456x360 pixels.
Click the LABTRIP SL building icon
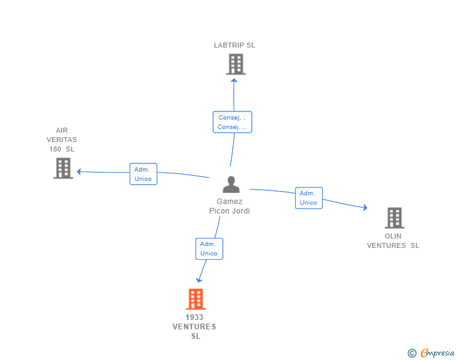(236, 64)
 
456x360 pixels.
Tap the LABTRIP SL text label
(234, 45)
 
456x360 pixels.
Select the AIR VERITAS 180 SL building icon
(63, 168)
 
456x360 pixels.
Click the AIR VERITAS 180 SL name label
(61, 140)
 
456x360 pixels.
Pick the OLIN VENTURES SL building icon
(395, 218)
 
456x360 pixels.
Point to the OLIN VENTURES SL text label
(393, 241)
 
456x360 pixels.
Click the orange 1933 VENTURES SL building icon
(195, 299)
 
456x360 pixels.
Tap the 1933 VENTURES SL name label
(194, 327)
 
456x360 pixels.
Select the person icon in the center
(231, 184)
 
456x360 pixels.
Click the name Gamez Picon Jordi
(229, 206)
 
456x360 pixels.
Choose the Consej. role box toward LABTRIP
(232, 122)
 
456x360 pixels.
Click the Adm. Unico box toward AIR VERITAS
(143, 174)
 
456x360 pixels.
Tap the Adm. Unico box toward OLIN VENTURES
(309, 198)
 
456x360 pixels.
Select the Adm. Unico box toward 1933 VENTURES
(209, 249)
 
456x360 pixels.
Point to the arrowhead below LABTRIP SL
(234, 81)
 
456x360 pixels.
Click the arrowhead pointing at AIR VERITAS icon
(79, 172)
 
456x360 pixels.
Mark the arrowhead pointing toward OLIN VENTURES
(365, 207)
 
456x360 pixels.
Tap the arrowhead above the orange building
(199, 280)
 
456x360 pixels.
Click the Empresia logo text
(437, 353)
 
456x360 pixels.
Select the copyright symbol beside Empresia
(412, 353)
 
